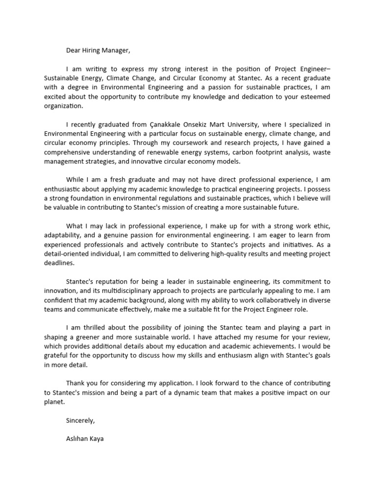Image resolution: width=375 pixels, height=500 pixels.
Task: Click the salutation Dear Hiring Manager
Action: click(99, 50)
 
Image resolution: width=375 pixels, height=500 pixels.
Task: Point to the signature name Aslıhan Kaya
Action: click(84, 438)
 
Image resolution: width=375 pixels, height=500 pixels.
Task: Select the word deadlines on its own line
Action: click(59, 263)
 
